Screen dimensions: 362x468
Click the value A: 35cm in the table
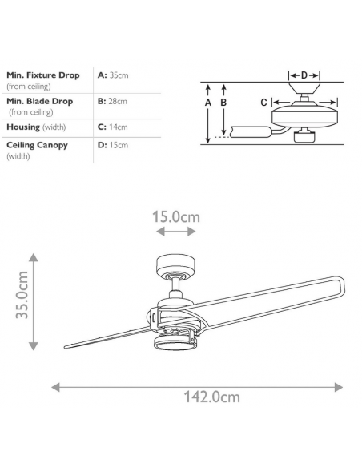click(x=113, y=75)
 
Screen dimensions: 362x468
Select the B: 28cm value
click(x=112, y=101)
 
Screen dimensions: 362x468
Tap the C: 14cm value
click(x=112, y=127)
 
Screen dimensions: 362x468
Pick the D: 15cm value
click(x=113, y=145)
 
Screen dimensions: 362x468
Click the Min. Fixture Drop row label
click(x=43, y=75)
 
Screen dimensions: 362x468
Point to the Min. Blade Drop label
click(x=40, y=101)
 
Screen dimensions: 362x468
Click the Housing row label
click(x=23, y=127)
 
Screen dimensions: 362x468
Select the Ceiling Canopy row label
click(x=37, y=145)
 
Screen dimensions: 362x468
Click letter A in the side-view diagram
click(x=208, y=103)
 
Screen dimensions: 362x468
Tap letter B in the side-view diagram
click(x=223, y=103)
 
